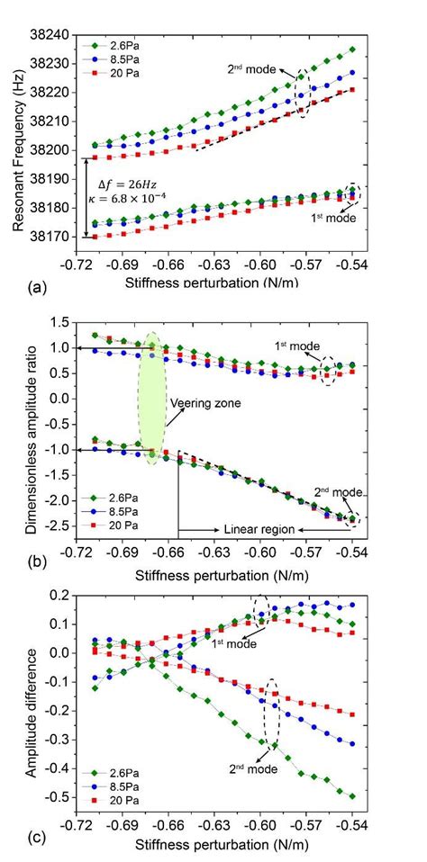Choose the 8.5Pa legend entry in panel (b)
114,509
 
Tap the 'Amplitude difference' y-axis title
29,702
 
